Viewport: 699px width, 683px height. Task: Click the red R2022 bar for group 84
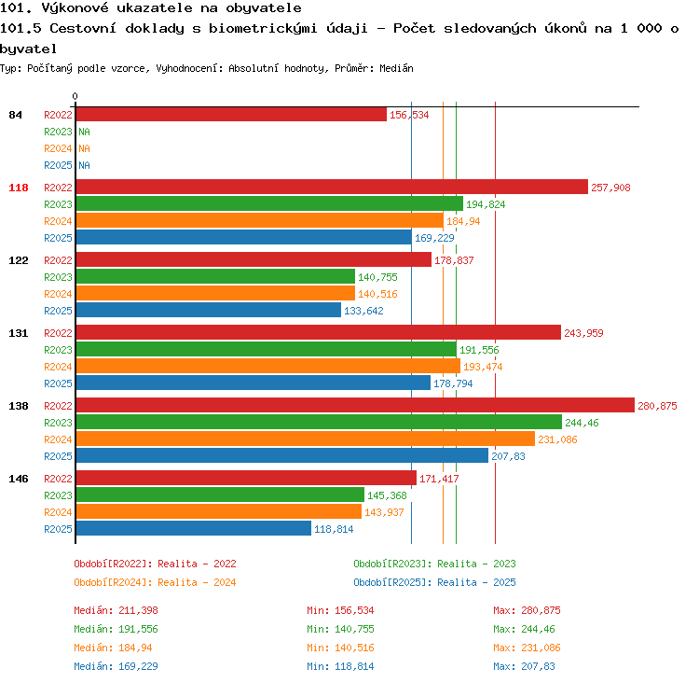pos(231,114)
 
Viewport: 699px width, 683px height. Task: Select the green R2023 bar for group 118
pos(269,204)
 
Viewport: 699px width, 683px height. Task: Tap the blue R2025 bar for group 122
pos(209,311)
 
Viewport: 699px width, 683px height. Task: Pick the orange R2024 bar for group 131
pos(268,366)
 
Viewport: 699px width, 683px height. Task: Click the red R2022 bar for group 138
pos(355,405)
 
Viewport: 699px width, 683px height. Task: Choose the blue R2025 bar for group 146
pos(194,528)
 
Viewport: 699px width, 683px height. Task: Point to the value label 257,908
pos(610,188)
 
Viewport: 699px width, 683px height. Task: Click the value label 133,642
pos(363,311)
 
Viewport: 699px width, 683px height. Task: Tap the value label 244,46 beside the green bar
pos(582,423)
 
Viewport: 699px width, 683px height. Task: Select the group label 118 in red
pos(19,188)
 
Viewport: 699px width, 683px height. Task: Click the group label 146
pos(19,479)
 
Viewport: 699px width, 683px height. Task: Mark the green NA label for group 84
pos(84,132)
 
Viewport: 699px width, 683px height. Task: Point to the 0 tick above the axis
pos(75,96)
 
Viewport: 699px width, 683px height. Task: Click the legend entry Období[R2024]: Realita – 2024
pos(155,582)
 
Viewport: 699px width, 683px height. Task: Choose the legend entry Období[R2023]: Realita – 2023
pos(434,564)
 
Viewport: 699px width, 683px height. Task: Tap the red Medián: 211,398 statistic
pos(116,610)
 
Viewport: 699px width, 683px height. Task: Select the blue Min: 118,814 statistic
pos(340,666)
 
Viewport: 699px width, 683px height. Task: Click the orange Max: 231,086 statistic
pos(527,648)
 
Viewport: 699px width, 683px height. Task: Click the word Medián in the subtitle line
pos(396,68)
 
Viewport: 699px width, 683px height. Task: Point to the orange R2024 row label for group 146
pos(58,512)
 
